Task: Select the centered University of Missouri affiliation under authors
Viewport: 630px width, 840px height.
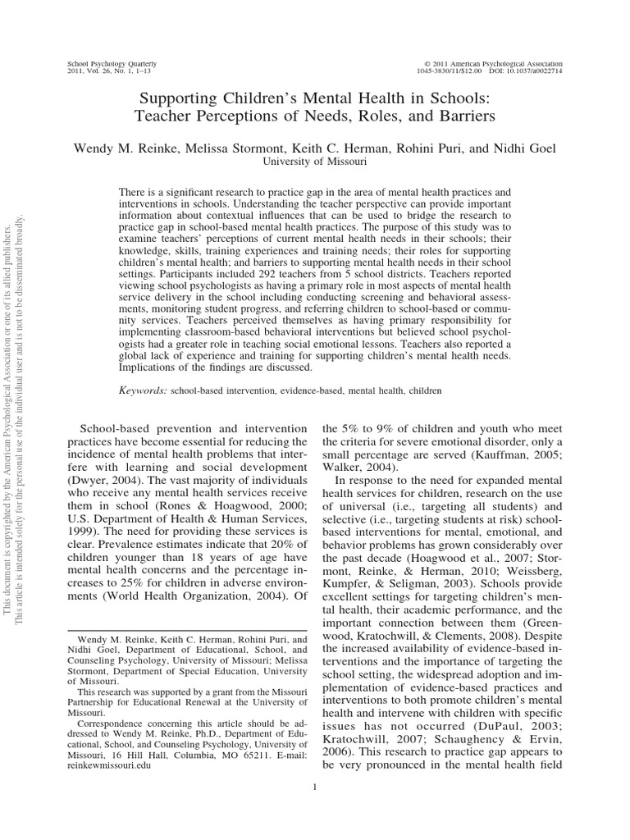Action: coord(315,162)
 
